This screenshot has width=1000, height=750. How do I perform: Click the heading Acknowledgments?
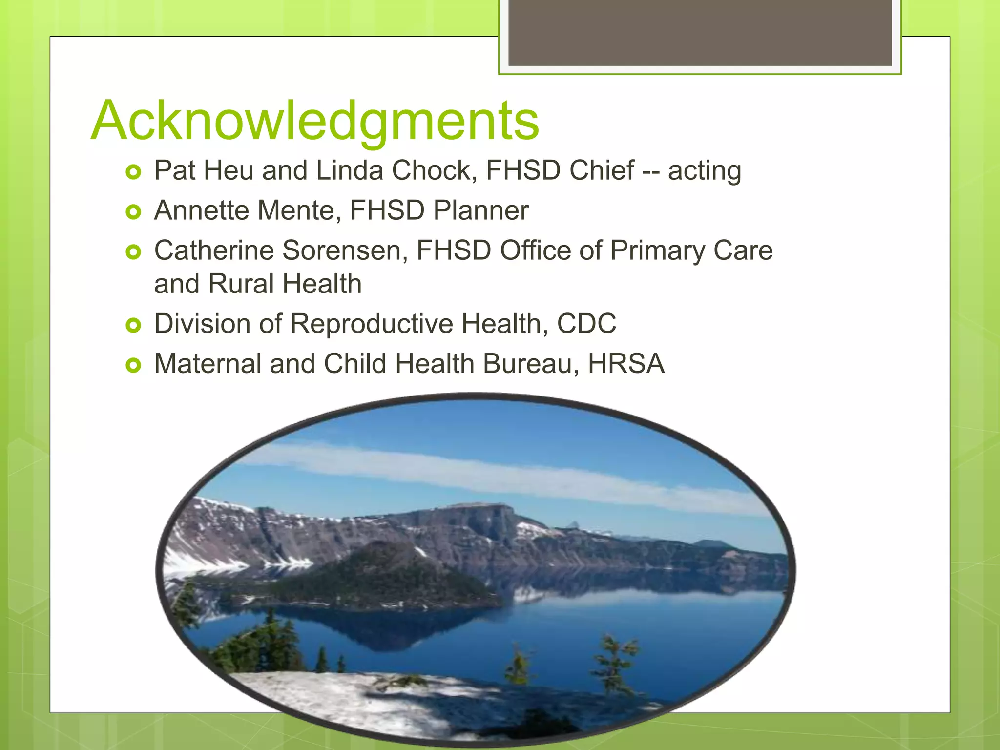coord(315,121)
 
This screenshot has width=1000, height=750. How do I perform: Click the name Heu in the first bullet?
coord(228,171)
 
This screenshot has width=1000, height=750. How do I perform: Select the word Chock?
coord(434,171)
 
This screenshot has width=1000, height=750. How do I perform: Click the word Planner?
coord(480,211)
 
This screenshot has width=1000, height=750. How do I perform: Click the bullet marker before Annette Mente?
coord(133,212)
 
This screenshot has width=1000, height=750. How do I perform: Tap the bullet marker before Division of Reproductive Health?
coord(133,325)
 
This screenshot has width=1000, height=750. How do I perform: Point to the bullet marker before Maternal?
coord(133,365)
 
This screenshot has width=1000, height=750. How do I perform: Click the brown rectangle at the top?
coord(700,32)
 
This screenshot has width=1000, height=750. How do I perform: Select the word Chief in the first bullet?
coord(602,171)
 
